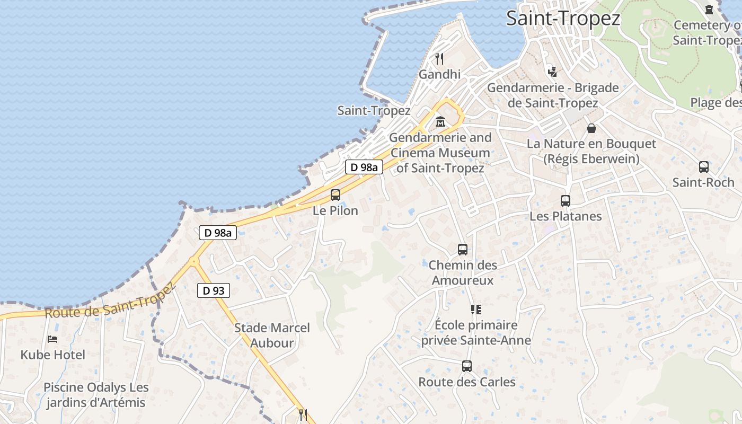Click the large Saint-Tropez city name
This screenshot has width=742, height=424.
563,18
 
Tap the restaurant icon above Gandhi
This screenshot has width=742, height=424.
439,58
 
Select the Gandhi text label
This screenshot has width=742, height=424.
439,74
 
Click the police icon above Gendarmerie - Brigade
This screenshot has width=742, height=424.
552,71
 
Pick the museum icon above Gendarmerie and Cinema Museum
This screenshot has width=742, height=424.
440,122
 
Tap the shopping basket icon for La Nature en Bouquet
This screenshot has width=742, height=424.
591,128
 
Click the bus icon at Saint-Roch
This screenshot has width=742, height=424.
703,167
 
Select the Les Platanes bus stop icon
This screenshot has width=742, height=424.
566,201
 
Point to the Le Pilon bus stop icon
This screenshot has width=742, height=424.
335,195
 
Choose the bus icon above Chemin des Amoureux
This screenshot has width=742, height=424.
463,250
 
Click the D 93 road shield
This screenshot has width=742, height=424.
214,290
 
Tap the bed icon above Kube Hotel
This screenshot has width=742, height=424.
52,339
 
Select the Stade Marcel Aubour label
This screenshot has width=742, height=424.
272,335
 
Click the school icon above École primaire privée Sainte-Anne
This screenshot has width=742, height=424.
475,310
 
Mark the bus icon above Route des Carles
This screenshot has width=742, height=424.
467,366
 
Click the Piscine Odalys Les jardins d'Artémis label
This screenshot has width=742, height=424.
96,395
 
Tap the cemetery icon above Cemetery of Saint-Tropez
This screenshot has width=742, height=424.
709,9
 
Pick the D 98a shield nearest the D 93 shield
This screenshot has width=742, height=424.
218,233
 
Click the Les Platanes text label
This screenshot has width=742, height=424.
566,216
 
